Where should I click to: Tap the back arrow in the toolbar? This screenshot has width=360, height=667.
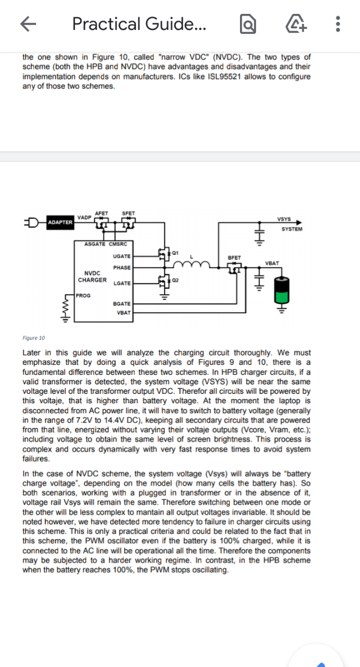(28, 24)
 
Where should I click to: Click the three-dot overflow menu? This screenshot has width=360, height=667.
(338, 24)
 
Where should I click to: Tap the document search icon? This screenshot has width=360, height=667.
(248, 24)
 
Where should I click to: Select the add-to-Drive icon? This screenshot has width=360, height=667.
(296, 23)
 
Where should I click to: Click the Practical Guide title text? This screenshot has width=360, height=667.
(139, 24)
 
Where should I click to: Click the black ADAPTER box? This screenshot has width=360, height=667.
(60, 223)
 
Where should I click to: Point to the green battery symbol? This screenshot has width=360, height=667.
(282, 290)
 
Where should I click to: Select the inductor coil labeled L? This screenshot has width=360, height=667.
(192, 264)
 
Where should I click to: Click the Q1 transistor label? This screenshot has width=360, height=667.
(175, 253)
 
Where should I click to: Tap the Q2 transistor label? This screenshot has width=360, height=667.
(175, 280)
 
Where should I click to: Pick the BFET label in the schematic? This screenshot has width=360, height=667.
(234, 258)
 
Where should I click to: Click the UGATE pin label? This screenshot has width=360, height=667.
(122, 256)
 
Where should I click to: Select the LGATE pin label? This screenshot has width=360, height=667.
(122, 283)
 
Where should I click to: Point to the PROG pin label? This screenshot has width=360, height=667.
(83, 295)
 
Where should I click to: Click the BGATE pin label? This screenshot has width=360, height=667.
(122, 304)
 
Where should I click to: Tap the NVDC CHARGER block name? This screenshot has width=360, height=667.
(92, 277)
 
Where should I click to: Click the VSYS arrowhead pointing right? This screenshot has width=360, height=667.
(299, 223)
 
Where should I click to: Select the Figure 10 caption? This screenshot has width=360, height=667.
(34, 338)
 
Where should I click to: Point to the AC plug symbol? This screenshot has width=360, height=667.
(32, 223)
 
